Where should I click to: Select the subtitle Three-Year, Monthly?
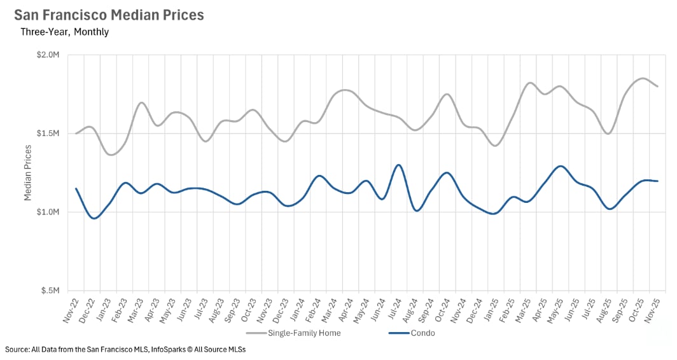(64, 32)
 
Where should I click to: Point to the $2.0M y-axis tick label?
(46, 55)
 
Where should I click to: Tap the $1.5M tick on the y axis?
(46, 134)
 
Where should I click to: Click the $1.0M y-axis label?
(46, 212)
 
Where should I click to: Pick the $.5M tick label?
(48, 291)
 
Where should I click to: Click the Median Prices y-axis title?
(28, 173)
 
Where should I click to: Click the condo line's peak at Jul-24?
(399, 165)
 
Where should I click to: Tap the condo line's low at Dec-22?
(94, 218)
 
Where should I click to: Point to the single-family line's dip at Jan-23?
(112, 155)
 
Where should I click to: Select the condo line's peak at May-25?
(560, 166)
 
